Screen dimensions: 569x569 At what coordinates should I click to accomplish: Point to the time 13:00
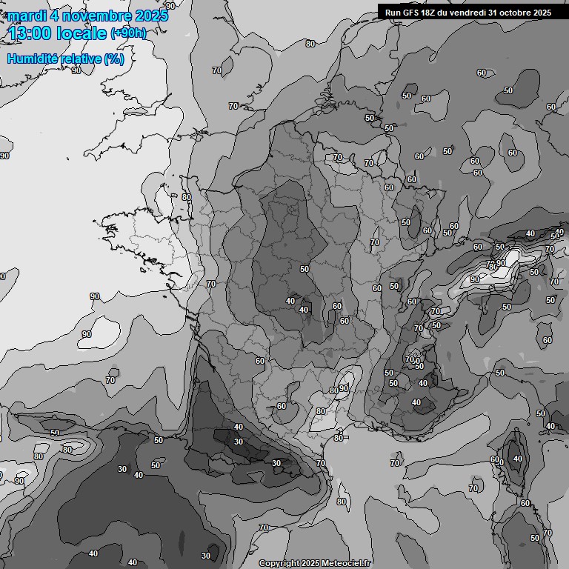click(x=30, y=33)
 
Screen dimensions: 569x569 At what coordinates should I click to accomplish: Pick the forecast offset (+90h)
click(x=128, y=33)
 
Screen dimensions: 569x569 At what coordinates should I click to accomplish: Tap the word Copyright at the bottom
click(x=279, y=564)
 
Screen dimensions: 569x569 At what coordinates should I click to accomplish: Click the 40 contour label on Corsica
click(x=517, y=459)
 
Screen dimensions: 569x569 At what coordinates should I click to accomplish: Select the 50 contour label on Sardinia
click(x=535, y=538)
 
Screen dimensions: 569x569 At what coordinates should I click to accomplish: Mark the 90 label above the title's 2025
click(x=170, y=5)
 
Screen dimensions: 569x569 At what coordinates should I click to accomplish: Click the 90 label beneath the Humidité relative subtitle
click(x=76, y=71)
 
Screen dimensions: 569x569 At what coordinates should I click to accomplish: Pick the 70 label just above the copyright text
click(x=264, y=528)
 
